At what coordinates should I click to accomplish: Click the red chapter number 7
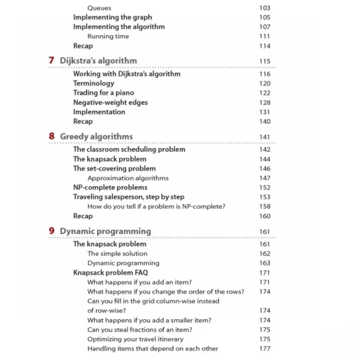[x=52, y=60]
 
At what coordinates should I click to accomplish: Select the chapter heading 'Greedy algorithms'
[x=96, y=136]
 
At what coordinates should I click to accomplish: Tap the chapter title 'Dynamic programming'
[x=105, y=231]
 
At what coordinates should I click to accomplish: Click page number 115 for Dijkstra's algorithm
[x=265, y=61]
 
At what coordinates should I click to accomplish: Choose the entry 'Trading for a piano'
[x=103, y=93]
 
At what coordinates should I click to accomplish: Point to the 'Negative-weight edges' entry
[x=110, y=102]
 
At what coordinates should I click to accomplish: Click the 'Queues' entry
[x=99, y=8]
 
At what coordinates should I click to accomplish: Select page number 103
[x=265, y=8]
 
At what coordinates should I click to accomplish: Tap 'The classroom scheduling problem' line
[x=129, y=149]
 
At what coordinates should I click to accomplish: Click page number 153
[x=265, y=197]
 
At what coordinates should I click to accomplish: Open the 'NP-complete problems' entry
[x=110, y=187]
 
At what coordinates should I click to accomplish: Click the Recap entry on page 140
[x=83, y=121]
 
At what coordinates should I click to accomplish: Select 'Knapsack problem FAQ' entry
[x=110, y=272]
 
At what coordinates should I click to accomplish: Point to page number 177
[x=265, y=348]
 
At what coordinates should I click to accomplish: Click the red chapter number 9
[x=52, y=231]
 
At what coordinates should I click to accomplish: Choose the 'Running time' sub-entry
[x=108, y=36]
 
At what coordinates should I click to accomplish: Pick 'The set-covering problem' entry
[x=114, y=168]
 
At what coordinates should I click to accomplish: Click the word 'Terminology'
[x=94, y=83]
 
